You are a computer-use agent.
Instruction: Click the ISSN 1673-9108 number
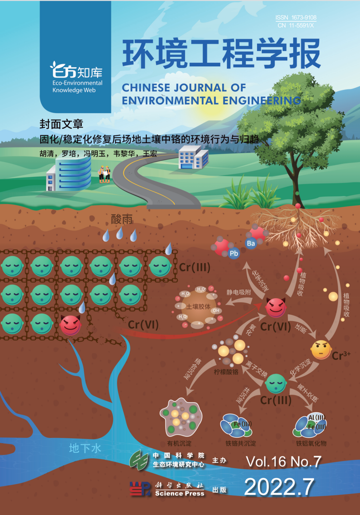[296, 17]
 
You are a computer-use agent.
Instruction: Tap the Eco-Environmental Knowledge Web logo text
[77, 86]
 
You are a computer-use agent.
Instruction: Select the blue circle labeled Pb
[234, 253]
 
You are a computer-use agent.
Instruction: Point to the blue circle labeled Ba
[251, 243]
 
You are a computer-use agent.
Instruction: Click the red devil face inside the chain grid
[70, 325]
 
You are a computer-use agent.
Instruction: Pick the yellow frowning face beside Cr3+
[321, 349]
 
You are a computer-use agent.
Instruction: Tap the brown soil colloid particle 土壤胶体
[199, 307]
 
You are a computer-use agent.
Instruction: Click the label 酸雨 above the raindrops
[122, 219]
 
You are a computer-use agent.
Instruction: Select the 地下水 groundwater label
[85, 448]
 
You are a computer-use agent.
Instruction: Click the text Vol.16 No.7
[283, 462]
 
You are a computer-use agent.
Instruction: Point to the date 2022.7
[279, 487]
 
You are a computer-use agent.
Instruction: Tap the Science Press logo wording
[180, 493]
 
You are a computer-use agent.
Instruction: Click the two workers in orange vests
[104, 174]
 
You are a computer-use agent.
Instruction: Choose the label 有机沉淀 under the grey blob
[179, 443]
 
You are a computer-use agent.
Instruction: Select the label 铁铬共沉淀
[241, 443]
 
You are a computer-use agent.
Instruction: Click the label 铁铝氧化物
[311, 443]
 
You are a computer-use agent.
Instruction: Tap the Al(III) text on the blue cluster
[316, 417]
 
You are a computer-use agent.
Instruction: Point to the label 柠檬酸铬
[226, 372]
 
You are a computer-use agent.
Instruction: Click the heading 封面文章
[61, 124]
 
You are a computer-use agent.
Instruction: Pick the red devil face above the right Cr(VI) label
[276, 307]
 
